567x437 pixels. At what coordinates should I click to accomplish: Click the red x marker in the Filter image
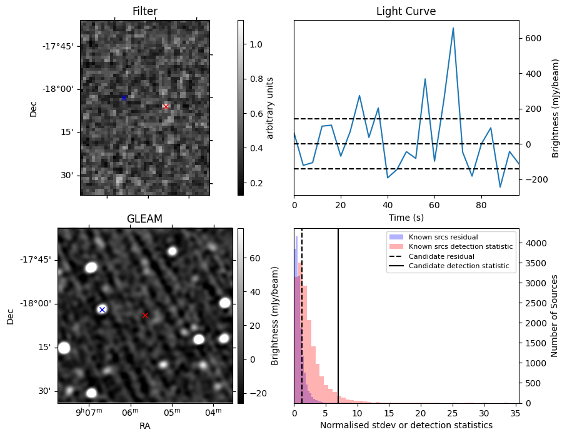(166, 106)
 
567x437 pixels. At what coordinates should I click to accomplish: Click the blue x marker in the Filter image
(124, 98)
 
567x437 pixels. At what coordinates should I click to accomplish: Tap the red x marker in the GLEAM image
(145, 315)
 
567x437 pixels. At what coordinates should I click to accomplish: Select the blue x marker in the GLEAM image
(102, 309)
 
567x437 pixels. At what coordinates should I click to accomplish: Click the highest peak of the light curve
(453, 28)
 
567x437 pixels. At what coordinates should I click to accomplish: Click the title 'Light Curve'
(406, 11)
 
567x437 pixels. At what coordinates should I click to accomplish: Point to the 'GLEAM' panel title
(144, 219)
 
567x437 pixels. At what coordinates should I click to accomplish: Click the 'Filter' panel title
(144, 11)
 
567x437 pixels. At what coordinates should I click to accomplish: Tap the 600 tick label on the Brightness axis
(531, 38)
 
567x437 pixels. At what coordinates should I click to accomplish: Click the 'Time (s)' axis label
(406, 218)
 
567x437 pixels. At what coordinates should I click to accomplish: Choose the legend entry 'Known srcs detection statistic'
(461, 246)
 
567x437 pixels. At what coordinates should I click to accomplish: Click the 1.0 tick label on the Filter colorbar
(256, 44)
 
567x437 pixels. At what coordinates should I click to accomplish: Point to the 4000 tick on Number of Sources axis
(533, 243)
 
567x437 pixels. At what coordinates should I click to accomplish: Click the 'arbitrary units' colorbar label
(270, 108)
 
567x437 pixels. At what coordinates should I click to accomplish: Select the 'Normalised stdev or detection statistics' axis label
(406, 425)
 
